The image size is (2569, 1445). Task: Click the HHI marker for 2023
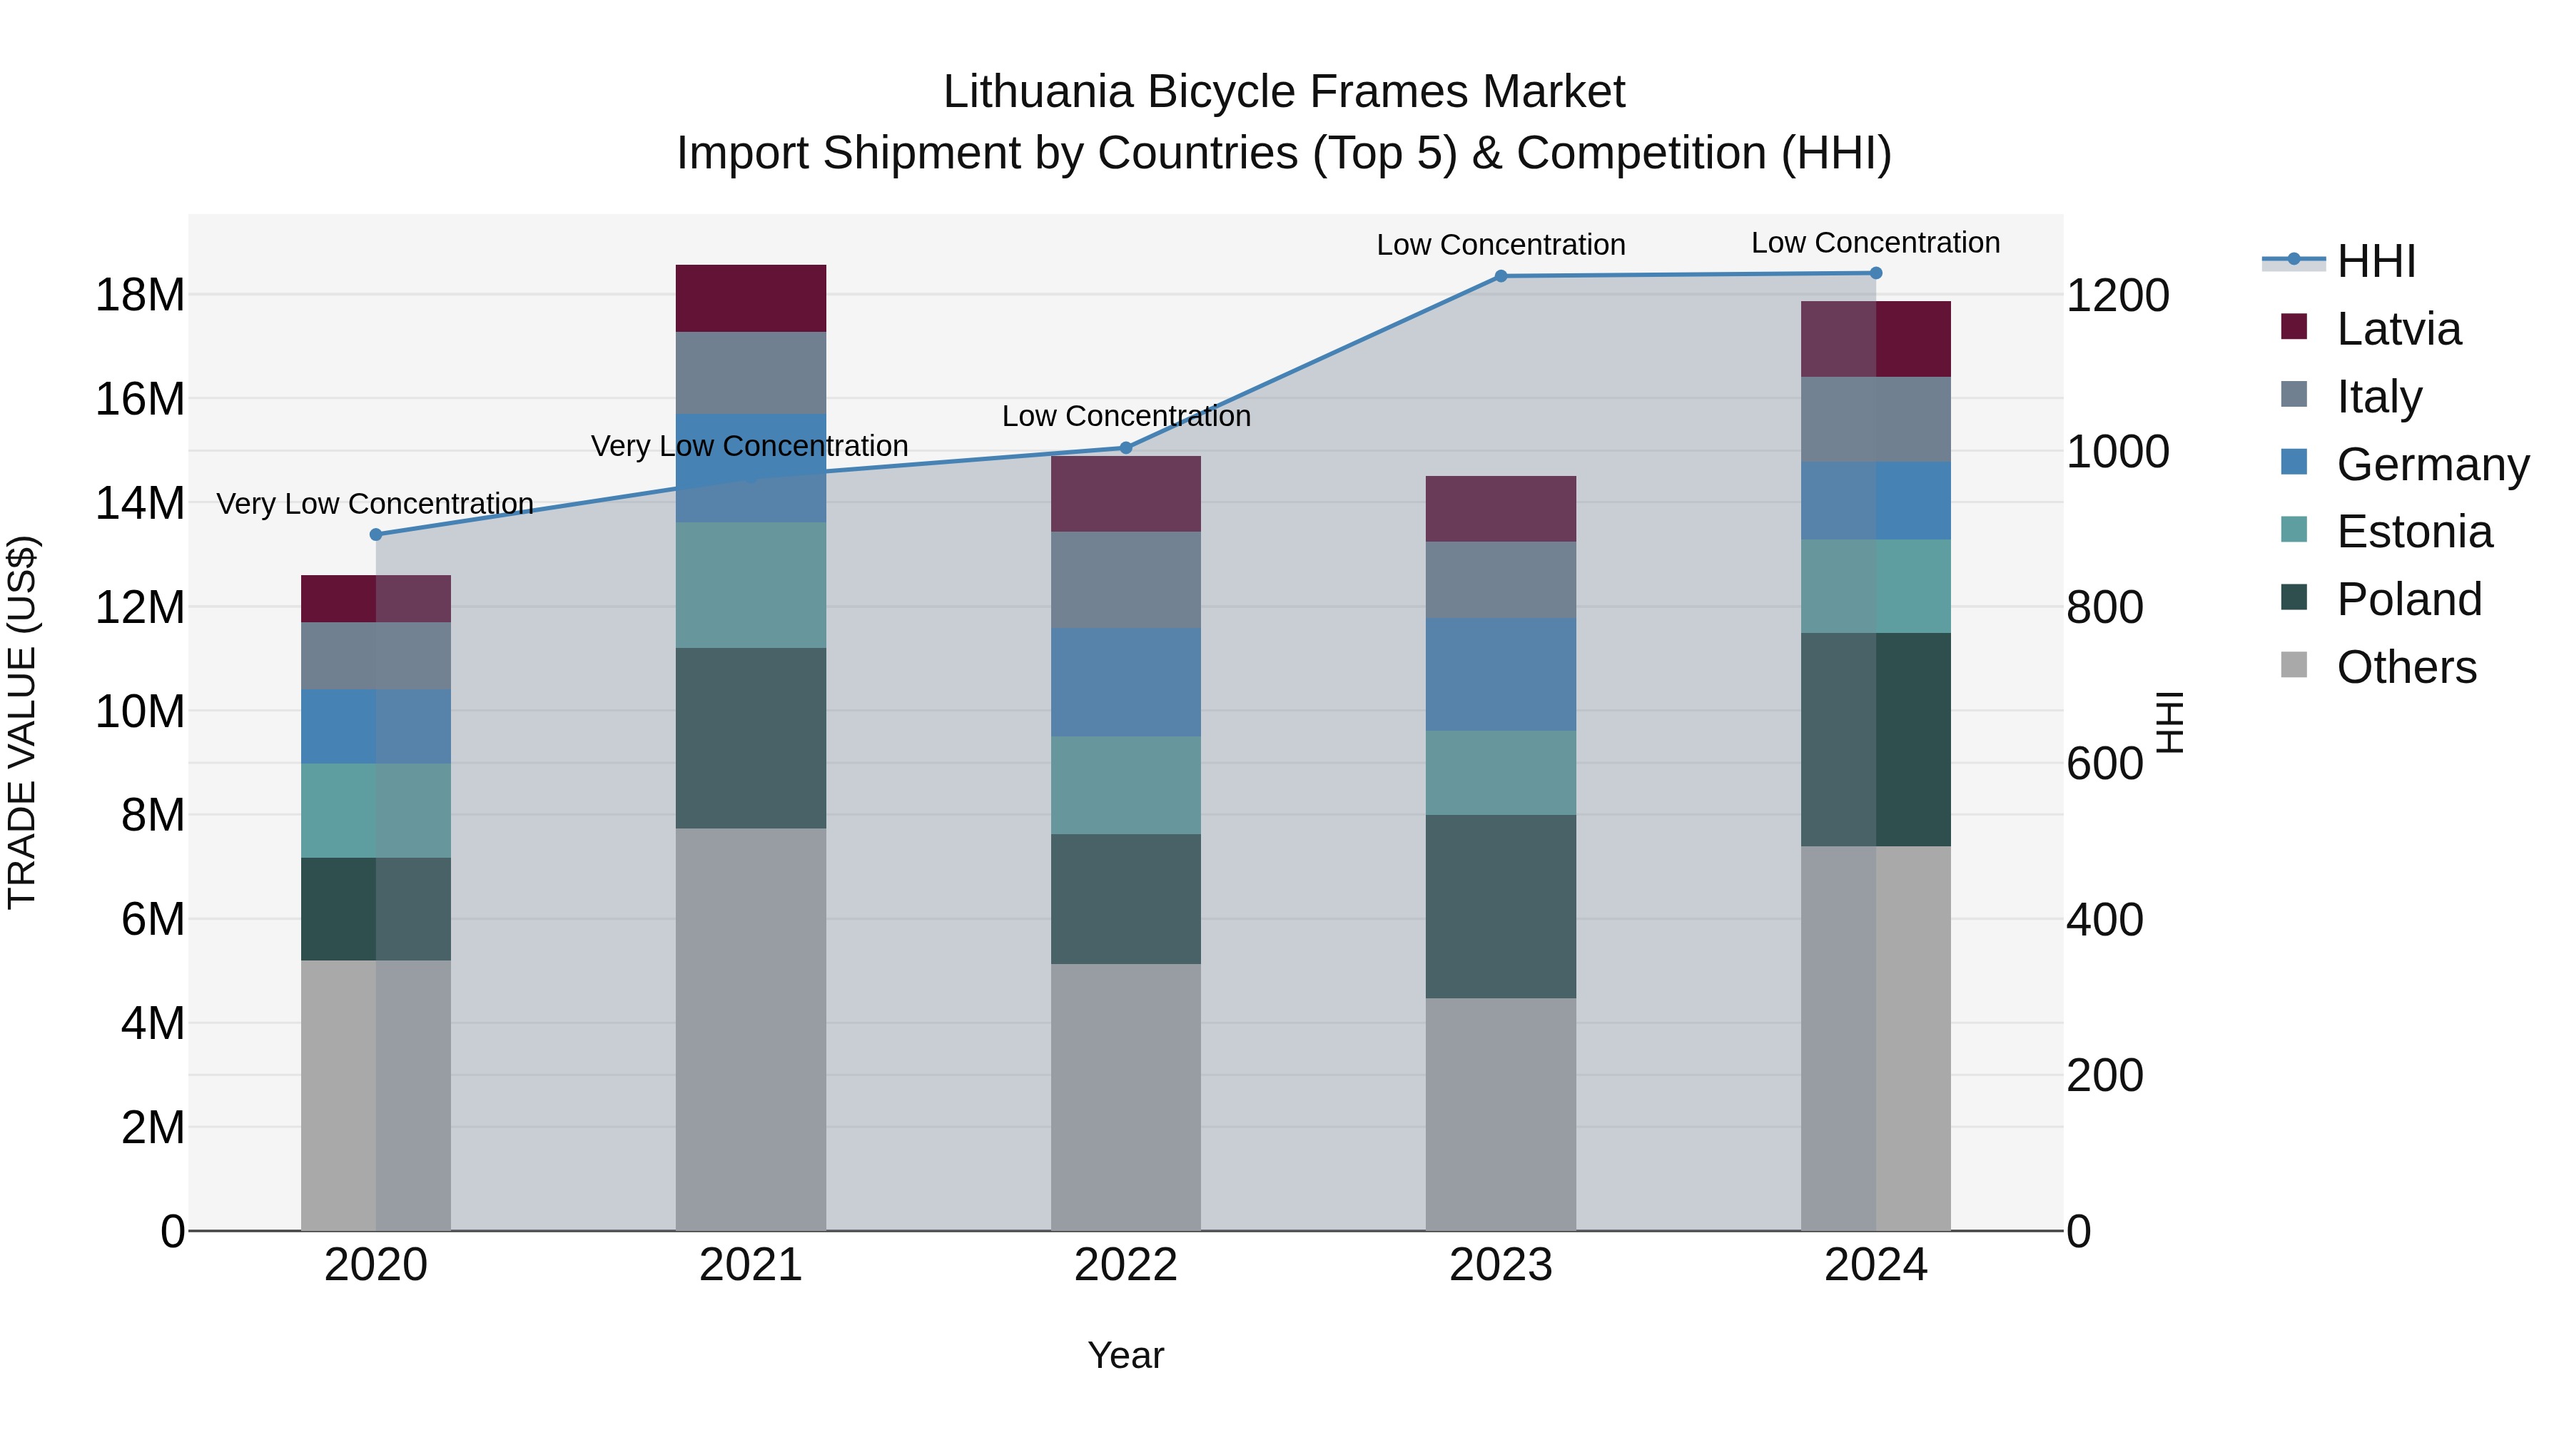1500,276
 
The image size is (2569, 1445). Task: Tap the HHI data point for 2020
376,534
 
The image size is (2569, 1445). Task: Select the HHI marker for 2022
1126,447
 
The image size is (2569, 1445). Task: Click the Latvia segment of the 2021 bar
750,298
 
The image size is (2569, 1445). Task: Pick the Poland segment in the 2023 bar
1500,906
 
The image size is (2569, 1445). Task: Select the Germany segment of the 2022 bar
1126,681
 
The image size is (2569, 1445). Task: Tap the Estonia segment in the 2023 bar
1500,772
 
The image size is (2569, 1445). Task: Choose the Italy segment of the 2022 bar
1126,579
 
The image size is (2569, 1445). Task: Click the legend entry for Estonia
2413,532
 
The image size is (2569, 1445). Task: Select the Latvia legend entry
2398,329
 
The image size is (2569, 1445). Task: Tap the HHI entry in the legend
2376,261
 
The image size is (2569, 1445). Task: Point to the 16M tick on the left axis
140,399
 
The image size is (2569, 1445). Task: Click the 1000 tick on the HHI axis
2117,452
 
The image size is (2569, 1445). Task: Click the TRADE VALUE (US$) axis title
22,722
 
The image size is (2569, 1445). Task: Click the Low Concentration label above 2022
1126,416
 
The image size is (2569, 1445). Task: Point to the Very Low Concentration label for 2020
375,504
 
